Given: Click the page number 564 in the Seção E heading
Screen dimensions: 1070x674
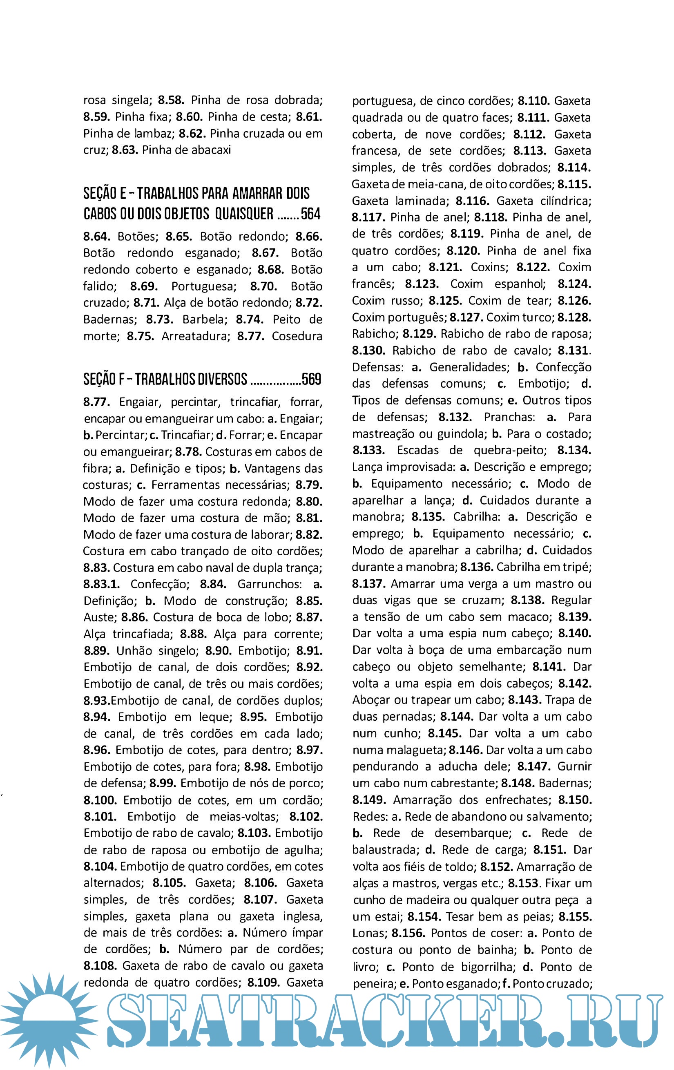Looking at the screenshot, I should tap(310, 214).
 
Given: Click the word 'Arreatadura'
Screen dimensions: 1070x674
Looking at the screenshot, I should tap(196, 336).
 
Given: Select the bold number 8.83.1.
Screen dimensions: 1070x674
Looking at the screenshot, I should tap(101, 584).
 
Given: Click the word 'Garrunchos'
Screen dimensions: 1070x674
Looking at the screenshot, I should tap(269, 584).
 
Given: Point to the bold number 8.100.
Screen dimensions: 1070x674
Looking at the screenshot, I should tap(100, 800).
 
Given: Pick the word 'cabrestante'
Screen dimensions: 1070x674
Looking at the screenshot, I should tap(468, 783).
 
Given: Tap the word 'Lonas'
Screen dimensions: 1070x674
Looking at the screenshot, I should tap(368, 933).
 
